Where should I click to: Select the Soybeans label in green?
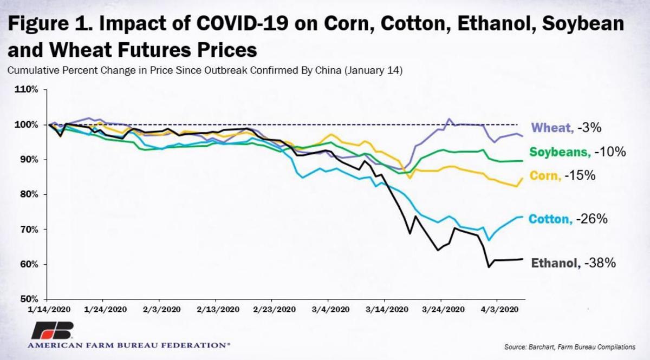pos(560,152)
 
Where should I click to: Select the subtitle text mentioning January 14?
pos(204,70)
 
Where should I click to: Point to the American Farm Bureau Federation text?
pos(128,344)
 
